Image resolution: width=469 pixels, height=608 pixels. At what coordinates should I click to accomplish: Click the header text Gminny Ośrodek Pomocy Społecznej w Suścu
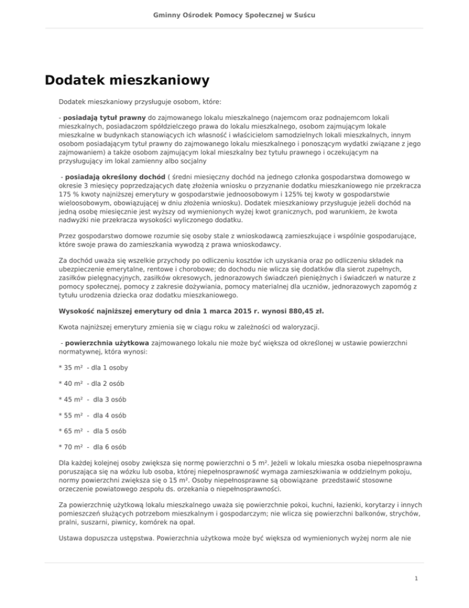click(x=234, y=13)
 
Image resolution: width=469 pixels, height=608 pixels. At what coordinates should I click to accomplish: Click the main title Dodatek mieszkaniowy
click(x=127, y=80)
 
